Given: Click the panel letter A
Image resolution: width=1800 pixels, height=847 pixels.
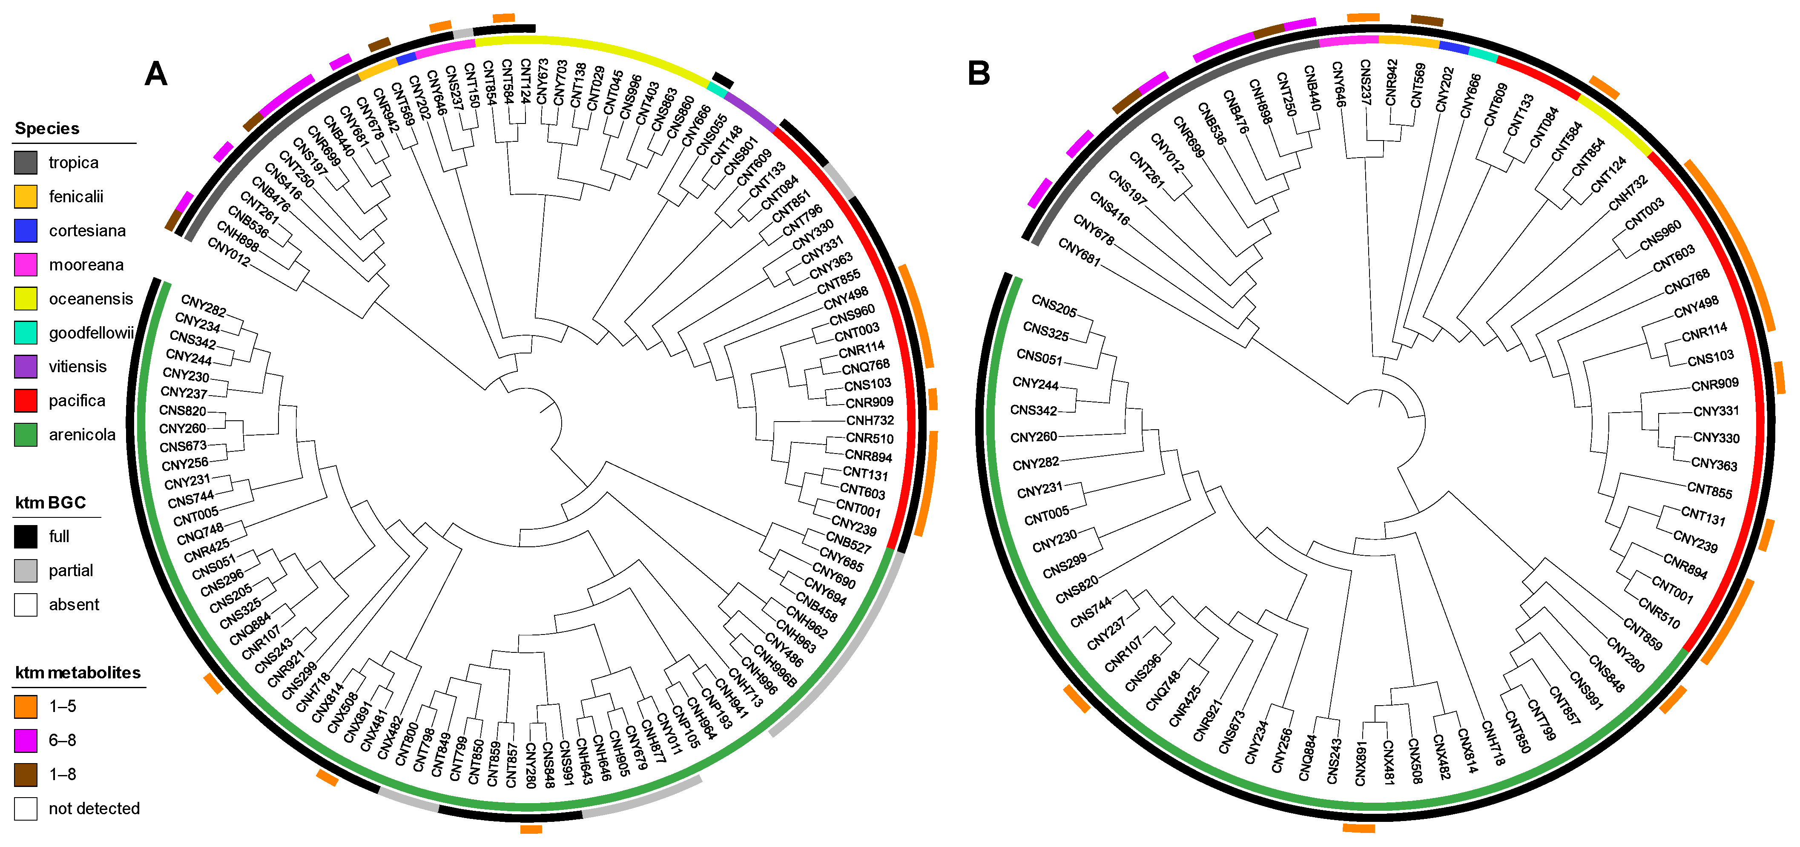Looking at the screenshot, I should (156, 73).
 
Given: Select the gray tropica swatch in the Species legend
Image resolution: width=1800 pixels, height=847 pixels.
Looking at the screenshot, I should (26, 163).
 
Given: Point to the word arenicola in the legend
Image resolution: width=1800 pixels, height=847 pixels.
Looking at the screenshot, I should (82, 435).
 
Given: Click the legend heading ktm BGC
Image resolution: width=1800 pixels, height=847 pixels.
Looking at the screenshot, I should (50, 502).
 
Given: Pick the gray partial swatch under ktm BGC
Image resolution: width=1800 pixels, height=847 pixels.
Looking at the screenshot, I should (26, 570).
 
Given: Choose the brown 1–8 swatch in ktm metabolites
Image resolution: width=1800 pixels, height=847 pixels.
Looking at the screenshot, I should (26, 774).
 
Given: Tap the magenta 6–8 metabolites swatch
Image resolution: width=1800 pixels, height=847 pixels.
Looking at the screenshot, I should (26, 740).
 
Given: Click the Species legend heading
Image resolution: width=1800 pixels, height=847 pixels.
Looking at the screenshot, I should (47, 129).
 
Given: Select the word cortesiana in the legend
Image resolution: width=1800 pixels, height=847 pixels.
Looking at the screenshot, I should (87, 231).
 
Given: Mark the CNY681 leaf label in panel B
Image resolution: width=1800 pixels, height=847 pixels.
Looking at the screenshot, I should (1079, 252).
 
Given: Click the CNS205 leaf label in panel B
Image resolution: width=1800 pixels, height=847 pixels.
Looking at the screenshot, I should (1054, 306).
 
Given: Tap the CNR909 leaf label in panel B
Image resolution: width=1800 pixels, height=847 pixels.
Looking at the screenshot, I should (1715, 385).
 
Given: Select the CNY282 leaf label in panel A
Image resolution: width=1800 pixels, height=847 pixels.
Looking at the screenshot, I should (204, 305).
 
